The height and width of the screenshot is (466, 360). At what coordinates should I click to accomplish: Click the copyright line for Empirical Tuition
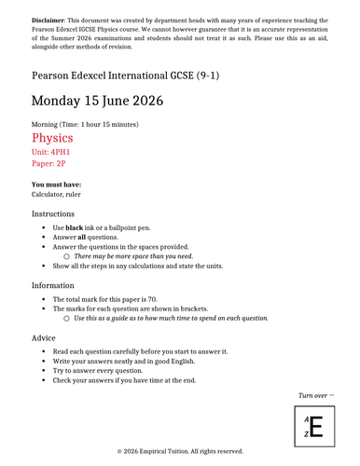(x=180, y=451)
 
